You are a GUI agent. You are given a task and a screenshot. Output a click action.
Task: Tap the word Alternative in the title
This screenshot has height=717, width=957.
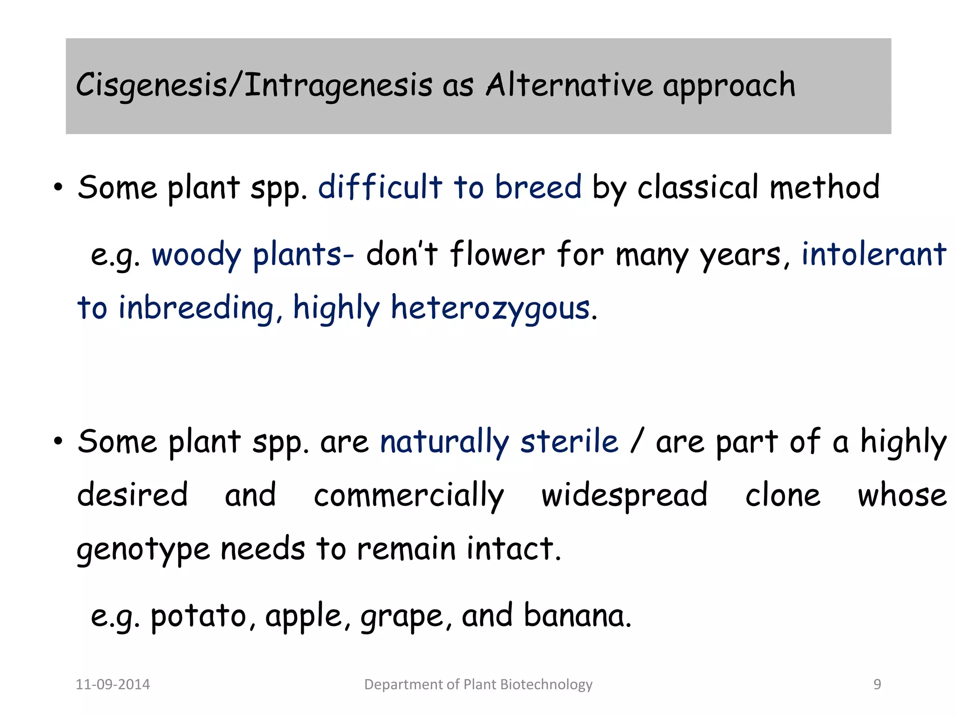569,86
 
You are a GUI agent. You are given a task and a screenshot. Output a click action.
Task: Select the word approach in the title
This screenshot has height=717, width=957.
729,87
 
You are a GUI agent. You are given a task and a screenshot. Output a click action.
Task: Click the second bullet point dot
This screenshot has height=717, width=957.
58,442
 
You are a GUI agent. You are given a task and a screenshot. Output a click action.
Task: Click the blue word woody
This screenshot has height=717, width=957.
196,256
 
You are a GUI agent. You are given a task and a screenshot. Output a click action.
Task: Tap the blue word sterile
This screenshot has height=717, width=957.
569,442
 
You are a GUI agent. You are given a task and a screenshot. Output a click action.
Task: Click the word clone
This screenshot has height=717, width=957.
783,495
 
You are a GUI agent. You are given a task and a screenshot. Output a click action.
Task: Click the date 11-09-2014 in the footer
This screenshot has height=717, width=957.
113,684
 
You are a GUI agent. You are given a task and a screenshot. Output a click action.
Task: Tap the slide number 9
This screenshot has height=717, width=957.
877,684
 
